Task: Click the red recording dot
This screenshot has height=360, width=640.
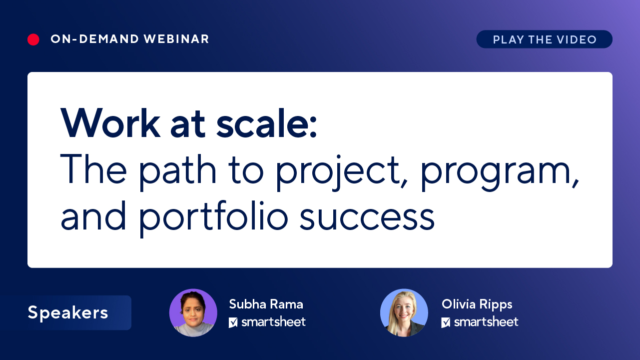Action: point(33,39)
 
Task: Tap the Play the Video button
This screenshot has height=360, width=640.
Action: point(544,39)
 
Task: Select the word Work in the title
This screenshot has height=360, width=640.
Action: point(109,123)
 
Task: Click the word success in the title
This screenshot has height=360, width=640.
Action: point(367,217)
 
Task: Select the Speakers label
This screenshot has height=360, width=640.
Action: point(68,312)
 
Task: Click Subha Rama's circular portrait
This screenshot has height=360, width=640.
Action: point(193,312)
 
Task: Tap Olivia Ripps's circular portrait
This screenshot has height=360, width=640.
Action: point(404,312)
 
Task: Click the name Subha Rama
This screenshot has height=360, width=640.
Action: point(266,304)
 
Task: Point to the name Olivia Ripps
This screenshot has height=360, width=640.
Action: point(477,304)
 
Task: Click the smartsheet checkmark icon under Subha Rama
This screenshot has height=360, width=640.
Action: point(233,322)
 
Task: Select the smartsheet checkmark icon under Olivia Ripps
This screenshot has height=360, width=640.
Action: point(446,322)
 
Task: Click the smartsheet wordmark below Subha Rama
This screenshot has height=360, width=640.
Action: point(273,322)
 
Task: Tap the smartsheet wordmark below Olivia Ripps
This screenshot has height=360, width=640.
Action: point(486,322)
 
